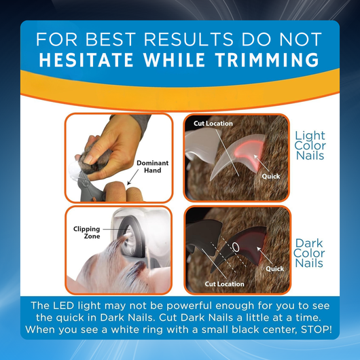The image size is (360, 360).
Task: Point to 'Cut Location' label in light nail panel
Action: [x=213, y=124]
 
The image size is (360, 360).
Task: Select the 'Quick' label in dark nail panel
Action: [x=274, y=268]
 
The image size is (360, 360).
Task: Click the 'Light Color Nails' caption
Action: [x=310, y=145]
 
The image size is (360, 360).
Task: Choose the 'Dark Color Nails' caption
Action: [x=310, y=252]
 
